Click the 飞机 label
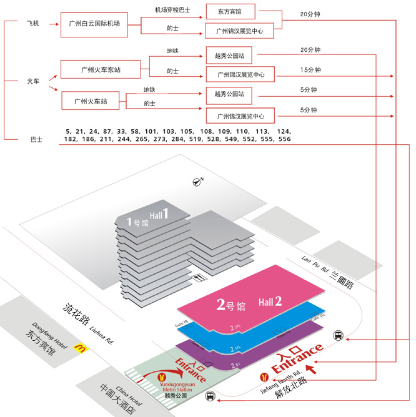point(32,24)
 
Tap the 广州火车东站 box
point(100,69)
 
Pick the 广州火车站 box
point(91,101)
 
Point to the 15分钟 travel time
point(310,70)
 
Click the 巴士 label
point(36,139)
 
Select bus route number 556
point(284,139)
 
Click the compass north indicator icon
point(199,182)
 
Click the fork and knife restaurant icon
point(200,278)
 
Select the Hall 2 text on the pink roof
point(270,301)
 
